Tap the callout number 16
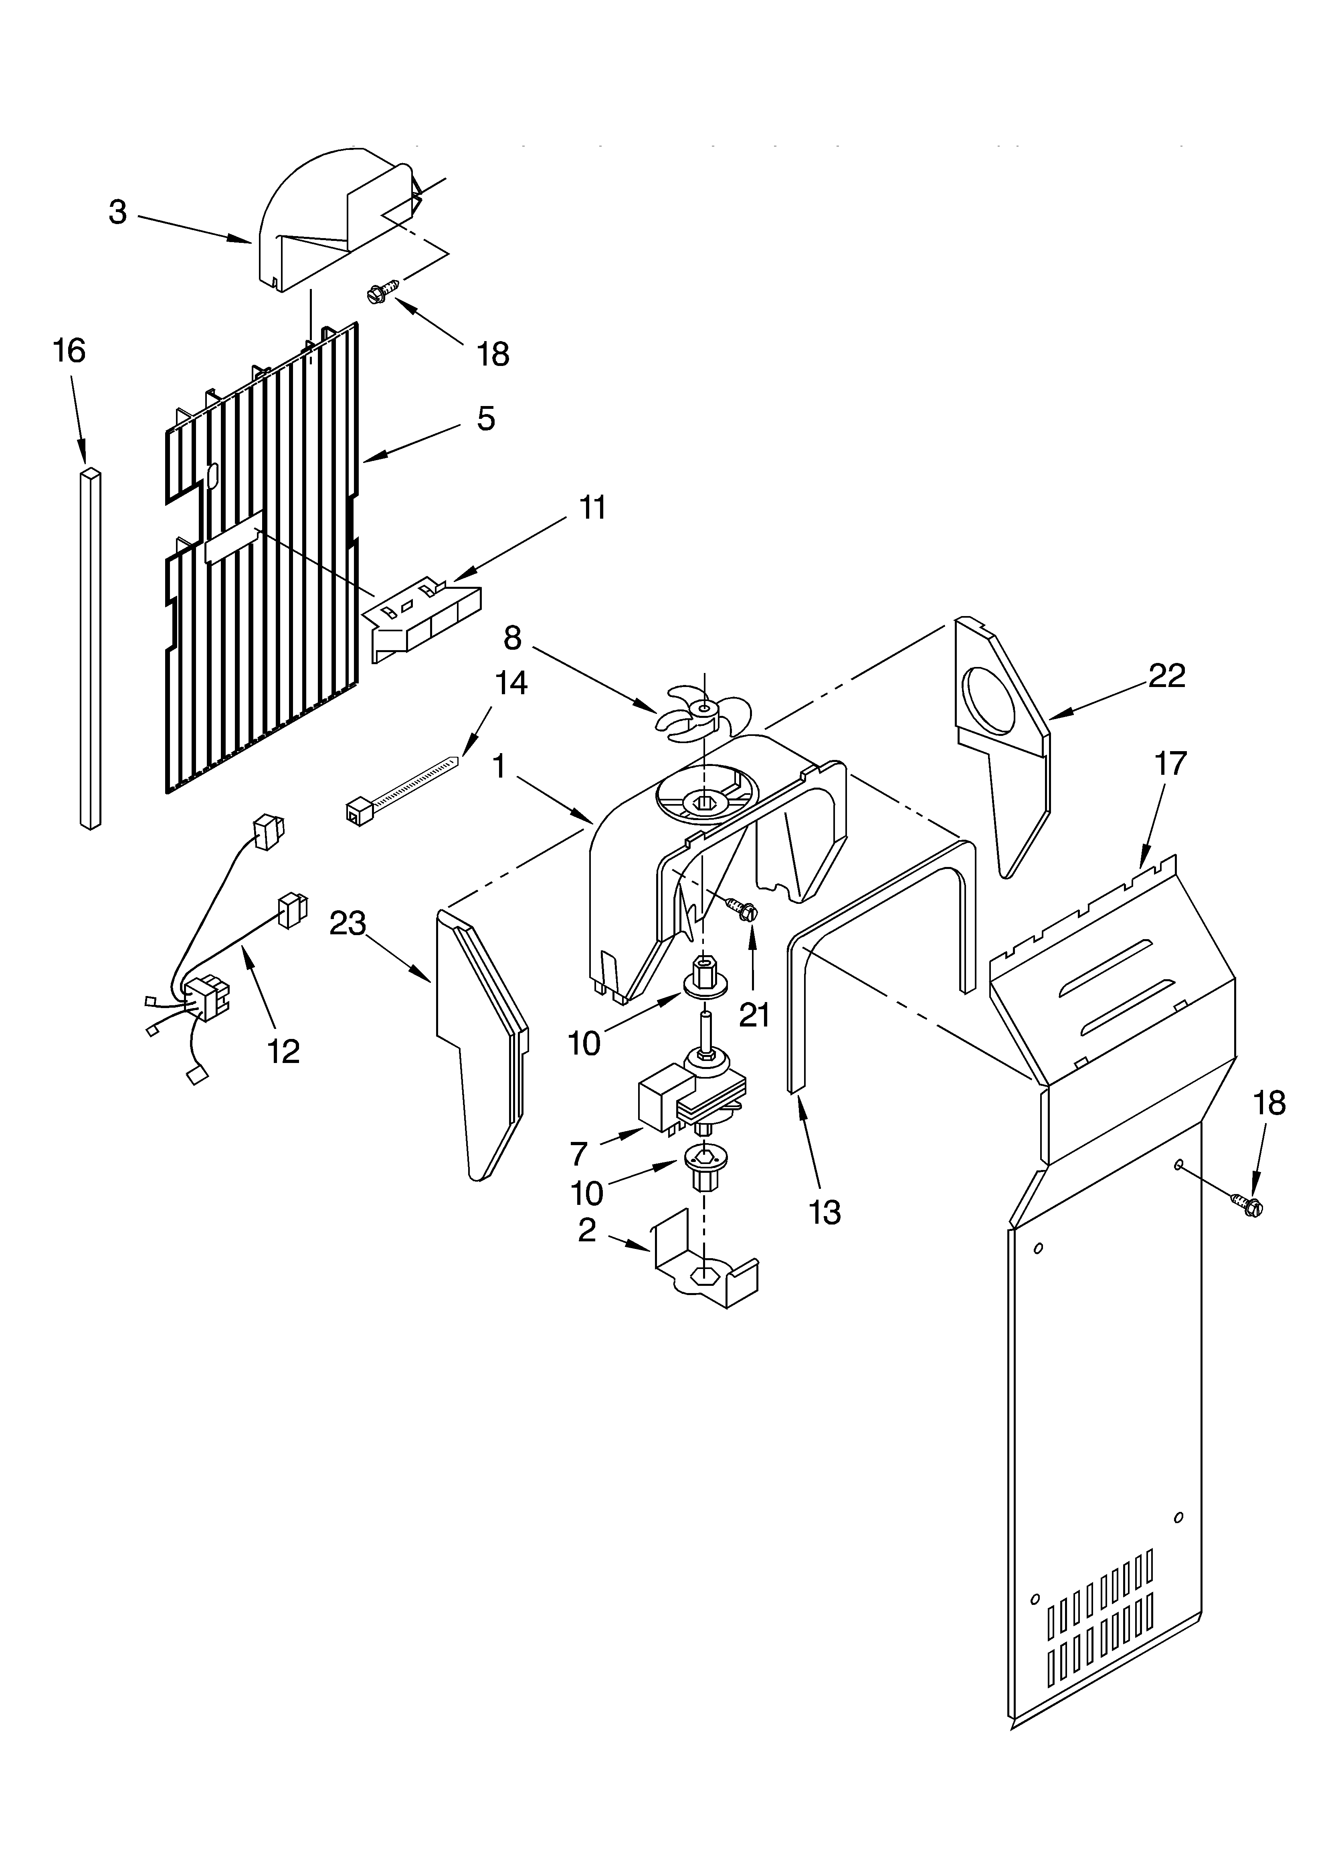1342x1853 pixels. click(x=69, y=351)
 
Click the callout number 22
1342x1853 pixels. click(x=1166, y=676)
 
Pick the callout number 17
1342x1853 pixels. click(x=1170, y=764)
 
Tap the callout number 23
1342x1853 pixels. click(x=348, y=924)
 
